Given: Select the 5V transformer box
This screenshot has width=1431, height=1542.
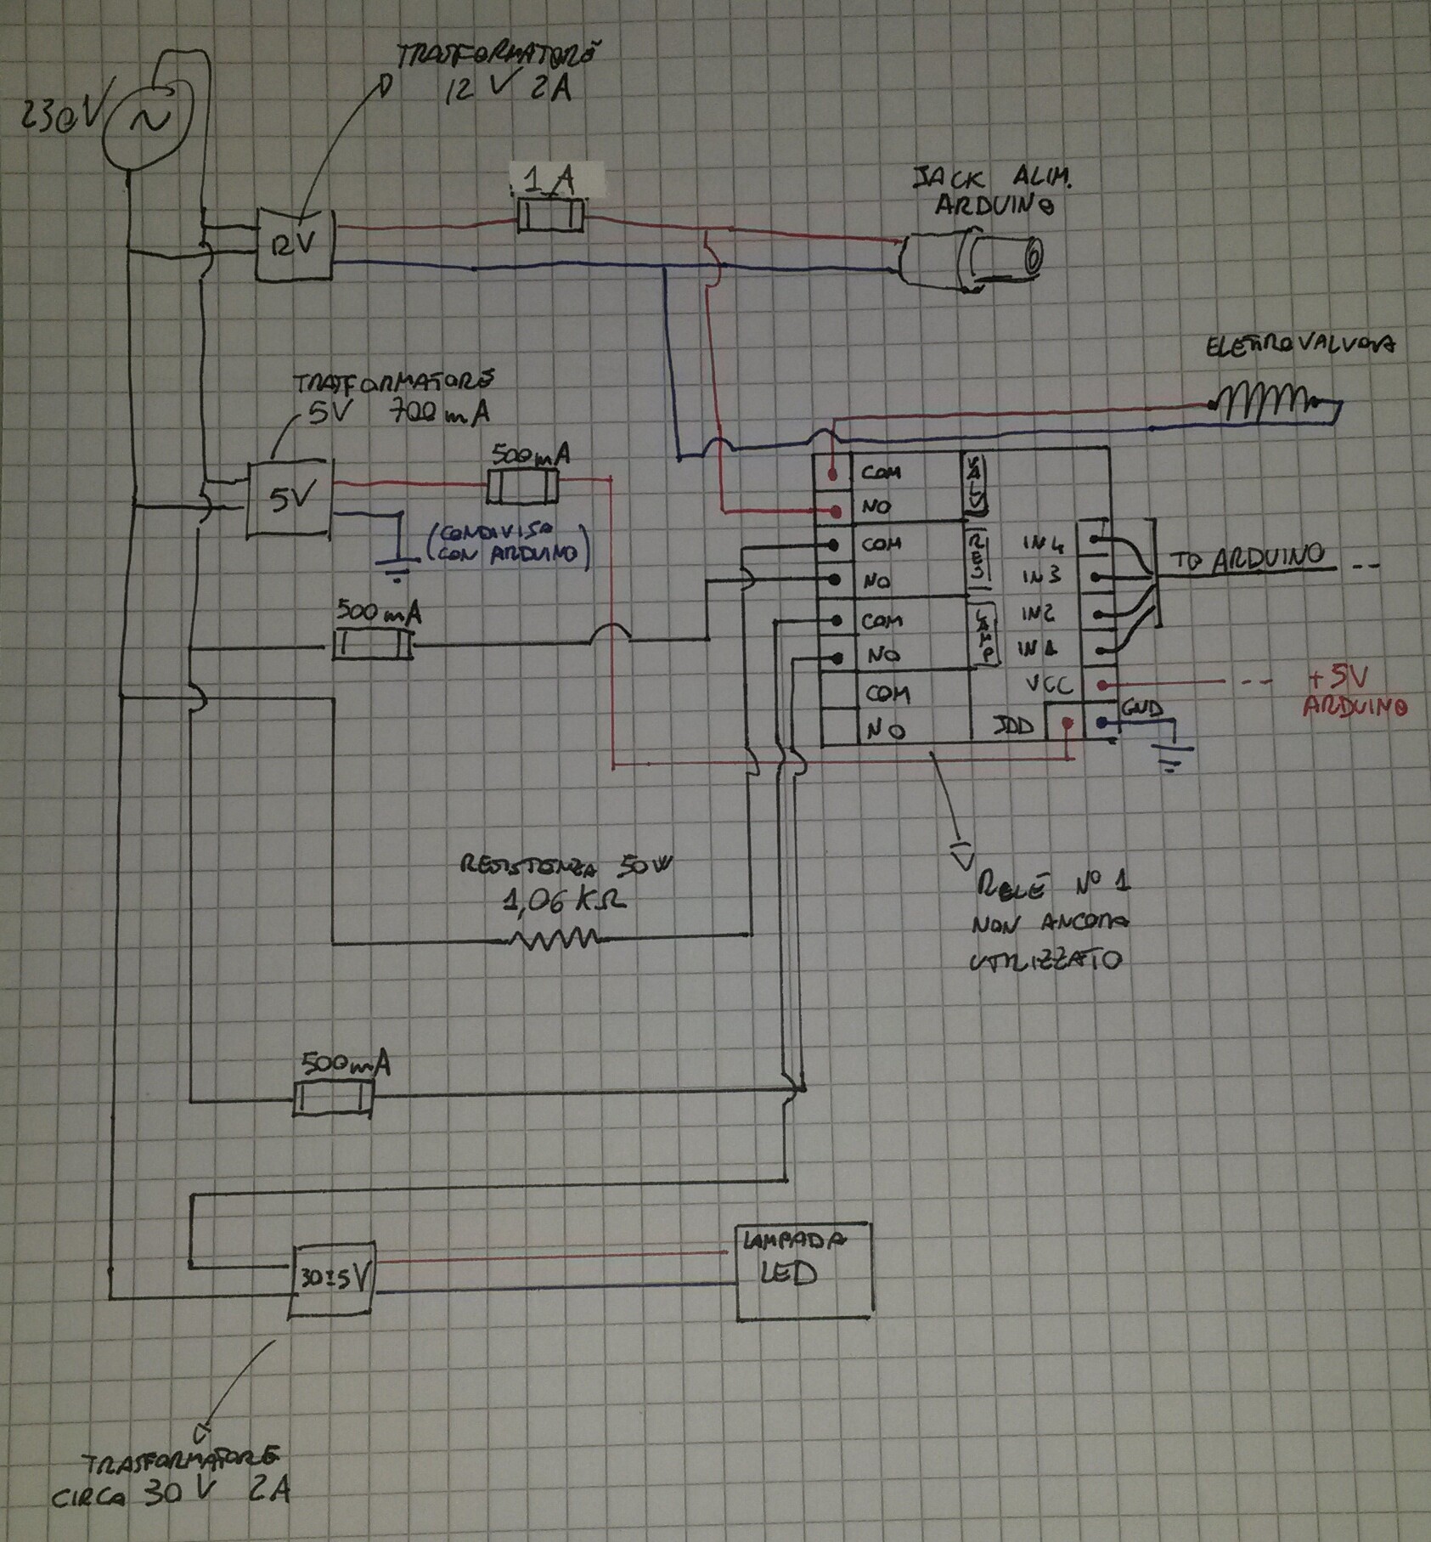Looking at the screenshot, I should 289,500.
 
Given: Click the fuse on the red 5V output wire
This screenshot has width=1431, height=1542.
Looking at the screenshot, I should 522,486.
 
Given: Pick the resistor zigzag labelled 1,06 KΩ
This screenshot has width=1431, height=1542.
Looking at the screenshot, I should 552,938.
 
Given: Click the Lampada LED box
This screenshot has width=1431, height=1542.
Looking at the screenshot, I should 803,1271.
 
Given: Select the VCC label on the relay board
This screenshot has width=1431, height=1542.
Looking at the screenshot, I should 1050,685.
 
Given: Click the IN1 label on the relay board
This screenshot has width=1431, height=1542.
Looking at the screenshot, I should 1041,650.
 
